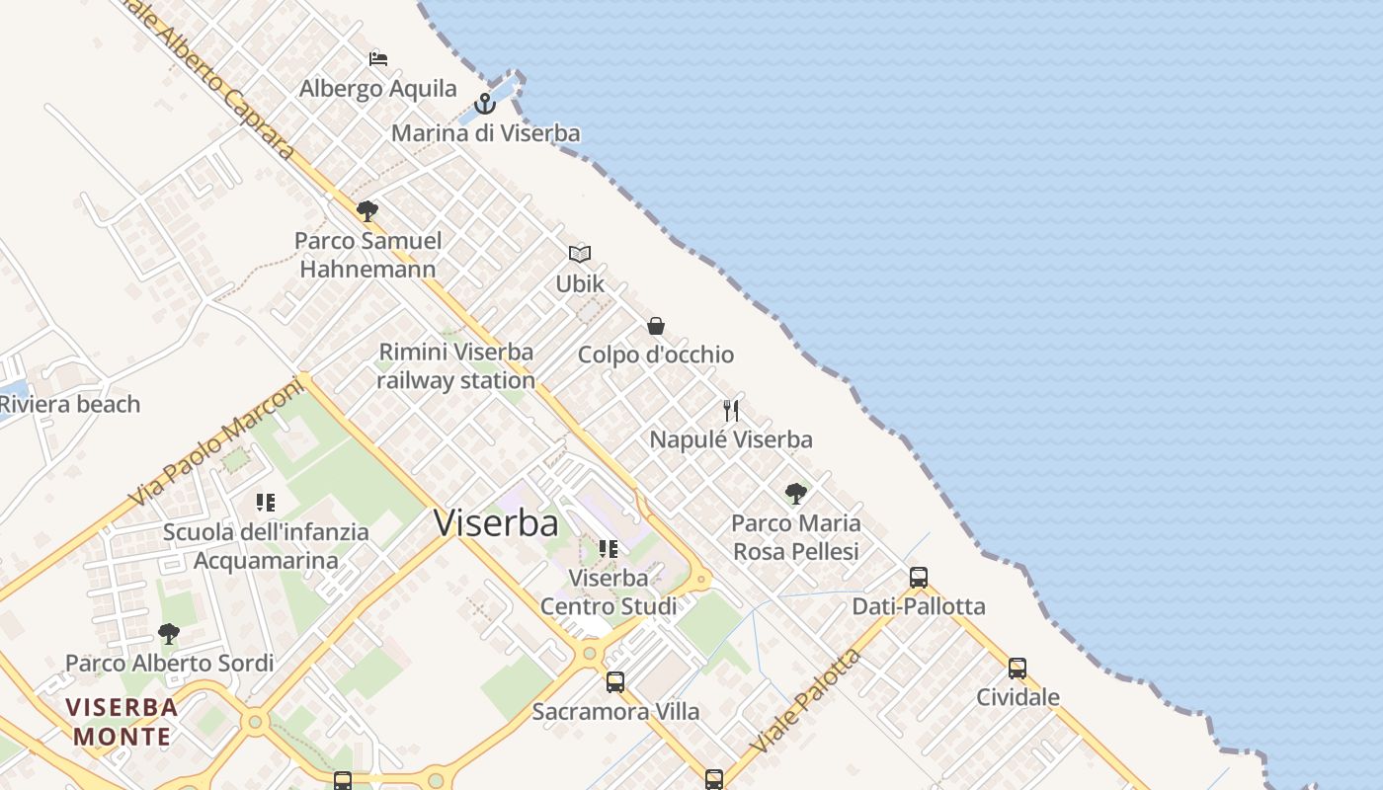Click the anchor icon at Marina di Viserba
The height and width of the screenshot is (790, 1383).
pyautogui.click(x=484, y=103)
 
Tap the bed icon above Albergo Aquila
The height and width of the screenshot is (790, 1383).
pyautogui.click(x=378, y=58)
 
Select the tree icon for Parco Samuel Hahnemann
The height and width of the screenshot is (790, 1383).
pyautogui.click(x=367, y=210)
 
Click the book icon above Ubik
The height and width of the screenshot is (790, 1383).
pyautogui.click(x=580, y=254)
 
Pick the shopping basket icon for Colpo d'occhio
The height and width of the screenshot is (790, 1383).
pyautogui.click(x=655, y=325)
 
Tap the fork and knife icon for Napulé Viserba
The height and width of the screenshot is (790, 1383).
pyautogui.click(x=731, y=410)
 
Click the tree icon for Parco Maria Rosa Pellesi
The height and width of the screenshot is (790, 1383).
pyautogui.click(x=795, y=494)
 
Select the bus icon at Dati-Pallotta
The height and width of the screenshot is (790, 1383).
pyautogui.click(x=919, y=578)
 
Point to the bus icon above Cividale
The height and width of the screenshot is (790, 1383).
pyautogui.click(x=1017, y=669)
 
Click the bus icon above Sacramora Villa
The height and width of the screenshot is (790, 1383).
pyautogui.click(x=615, y=681)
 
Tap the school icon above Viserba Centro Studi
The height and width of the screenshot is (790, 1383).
pyautogui.click(x=609, y=548)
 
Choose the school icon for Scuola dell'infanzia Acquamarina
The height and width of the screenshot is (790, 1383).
pyautogui.click(x=265, y=503)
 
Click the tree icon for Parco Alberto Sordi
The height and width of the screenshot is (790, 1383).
pyautogui.click(x=169, y=633)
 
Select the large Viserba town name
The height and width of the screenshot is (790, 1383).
pyautogui.click(x=496, y=523)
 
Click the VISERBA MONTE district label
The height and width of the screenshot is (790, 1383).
pyautogui.click(x=123, y=722)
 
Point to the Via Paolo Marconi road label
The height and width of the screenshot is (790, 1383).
pyautogui.click(x=216, y=442)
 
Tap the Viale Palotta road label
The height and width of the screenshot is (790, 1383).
pyautogui.click(x=806, y=701)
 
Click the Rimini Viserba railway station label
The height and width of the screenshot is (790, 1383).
pyautogui.click(x=455, y=365)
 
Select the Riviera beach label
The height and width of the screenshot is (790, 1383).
pyautogui.click(x=69, y=404)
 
